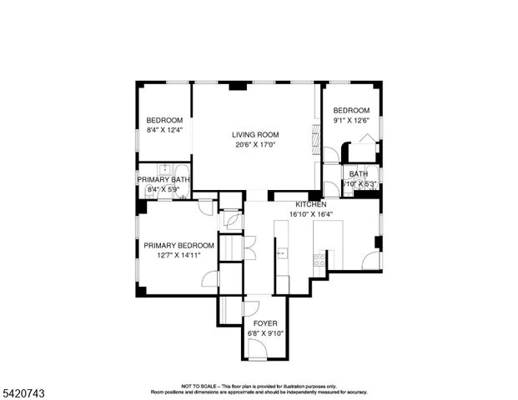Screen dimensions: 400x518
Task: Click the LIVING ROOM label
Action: coord(255,134)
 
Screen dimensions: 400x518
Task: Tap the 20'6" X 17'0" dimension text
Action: coord(255,144)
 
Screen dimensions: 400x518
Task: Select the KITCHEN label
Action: coord(311,204)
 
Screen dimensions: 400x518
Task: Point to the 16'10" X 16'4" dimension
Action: coord(311,214)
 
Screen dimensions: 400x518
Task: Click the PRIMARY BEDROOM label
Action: coord(179,245)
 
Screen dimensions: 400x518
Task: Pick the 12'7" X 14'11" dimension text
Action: coord(179,255)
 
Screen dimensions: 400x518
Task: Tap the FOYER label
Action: coord(265,323)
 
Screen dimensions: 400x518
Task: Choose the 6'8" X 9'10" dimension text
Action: coord(265,333)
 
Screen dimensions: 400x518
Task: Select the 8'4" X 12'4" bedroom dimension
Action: coord(164,130)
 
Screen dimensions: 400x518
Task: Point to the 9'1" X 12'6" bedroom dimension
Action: coord(351,121)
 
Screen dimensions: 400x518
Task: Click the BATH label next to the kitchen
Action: coord(359,173)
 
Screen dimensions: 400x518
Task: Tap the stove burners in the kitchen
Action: coord(319,259)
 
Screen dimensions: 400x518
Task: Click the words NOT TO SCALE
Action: coord(199,386)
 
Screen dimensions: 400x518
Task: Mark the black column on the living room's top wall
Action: coord(239,85)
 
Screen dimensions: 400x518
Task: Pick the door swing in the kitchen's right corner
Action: coord(372,261)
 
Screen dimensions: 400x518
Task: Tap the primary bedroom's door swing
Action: coord(210,278)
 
